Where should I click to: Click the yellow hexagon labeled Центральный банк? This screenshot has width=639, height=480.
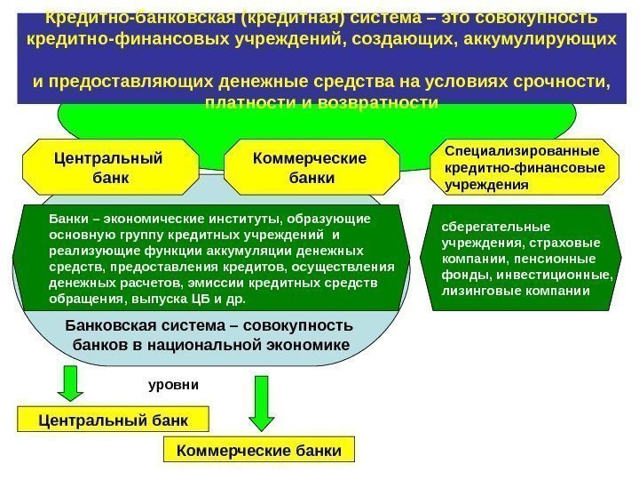coord(109,167)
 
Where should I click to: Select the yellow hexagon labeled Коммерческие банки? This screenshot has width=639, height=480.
coord(311,167)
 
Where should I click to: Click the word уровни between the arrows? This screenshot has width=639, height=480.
coord(174,387)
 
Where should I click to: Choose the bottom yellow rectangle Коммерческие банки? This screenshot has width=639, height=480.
coord(258,451)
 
